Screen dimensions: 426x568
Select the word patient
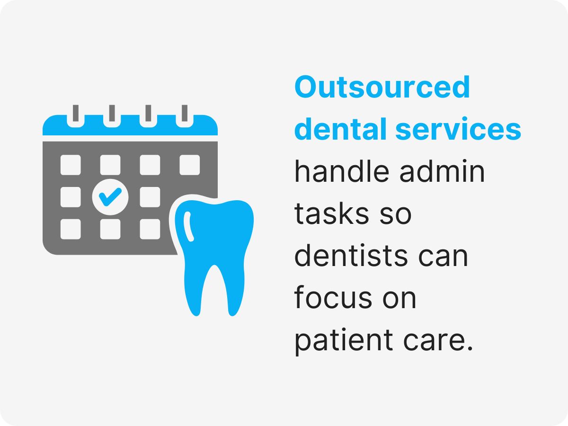pos(339,340)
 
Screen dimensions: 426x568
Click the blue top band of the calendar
pos(130,126)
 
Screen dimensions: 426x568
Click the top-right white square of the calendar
pos(190,165)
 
